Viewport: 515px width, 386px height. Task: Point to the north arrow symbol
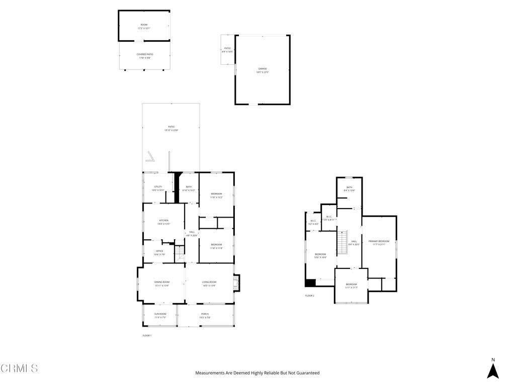[x=493, y=370]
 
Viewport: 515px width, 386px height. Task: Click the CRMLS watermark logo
[x=19, y=368]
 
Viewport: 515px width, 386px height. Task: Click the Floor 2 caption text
[x=309, y=296]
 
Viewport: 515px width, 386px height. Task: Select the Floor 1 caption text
[x=147, y=335]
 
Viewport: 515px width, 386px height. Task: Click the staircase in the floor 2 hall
[x=342, y=242]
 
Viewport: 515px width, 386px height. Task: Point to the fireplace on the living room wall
[x=237, y=282]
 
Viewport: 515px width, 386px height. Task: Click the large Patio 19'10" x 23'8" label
[x=171, y=128]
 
